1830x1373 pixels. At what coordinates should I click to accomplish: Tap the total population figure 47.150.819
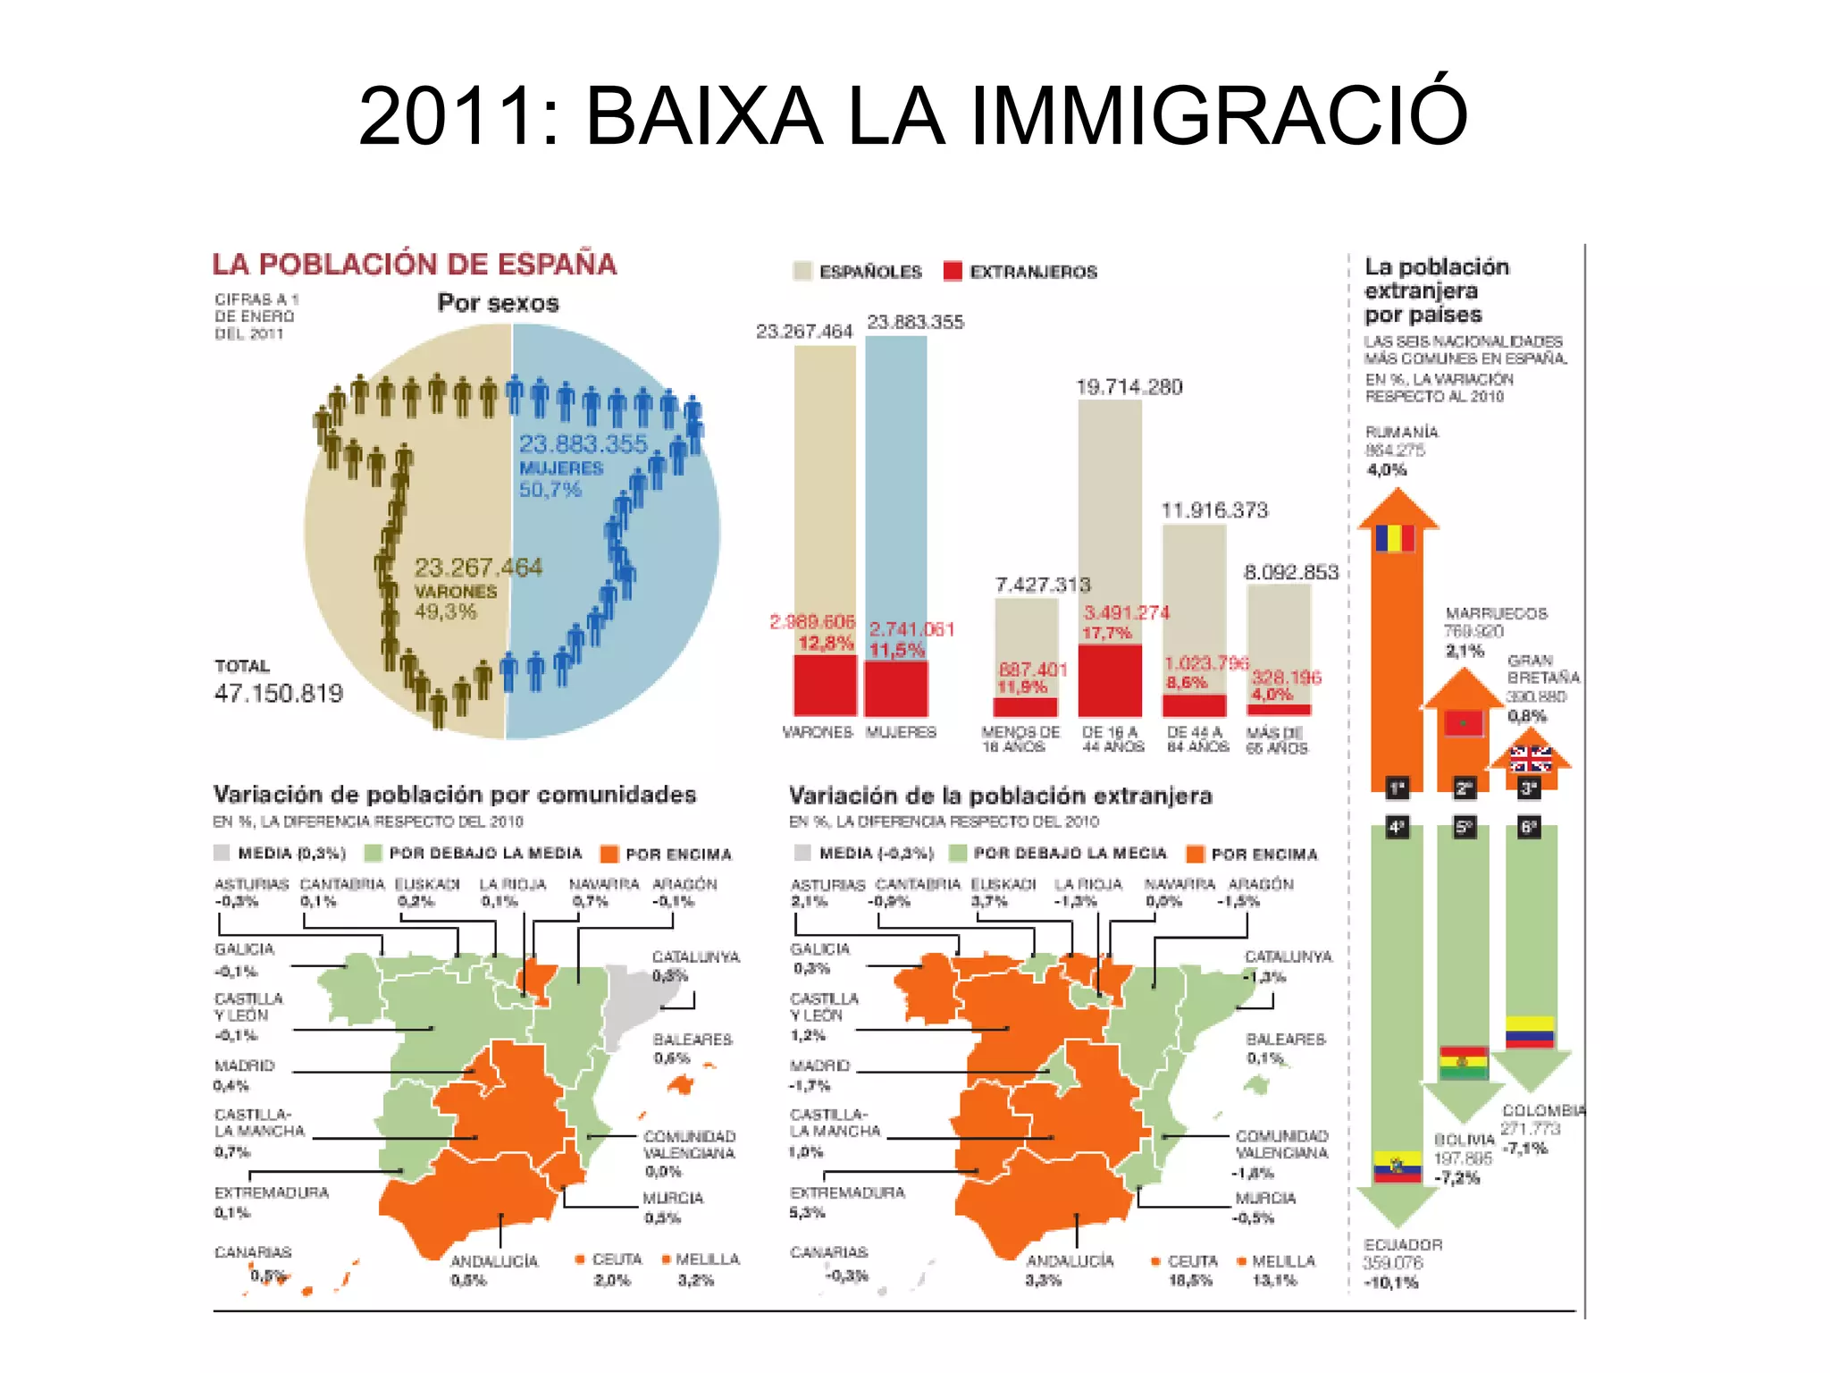pos(278,693)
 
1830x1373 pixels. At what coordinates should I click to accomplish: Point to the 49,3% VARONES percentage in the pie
pos(445,612)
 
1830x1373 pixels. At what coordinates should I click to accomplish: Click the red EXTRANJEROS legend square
pos(953,271)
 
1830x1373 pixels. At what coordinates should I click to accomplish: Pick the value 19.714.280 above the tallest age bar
pos(1129,387)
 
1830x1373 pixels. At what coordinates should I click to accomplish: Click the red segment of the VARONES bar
pos(824,685)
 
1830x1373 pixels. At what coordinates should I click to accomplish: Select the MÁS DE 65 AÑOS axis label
pos(1276,740)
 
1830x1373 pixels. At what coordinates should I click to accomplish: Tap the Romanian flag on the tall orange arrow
pos(1394,538)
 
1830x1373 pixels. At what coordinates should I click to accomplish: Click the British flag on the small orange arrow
pos(1530,759)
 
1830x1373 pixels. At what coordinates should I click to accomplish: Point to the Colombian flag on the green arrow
pos(1529,1032)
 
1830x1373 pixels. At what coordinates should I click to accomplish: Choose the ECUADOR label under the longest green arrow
pos(1402,1244)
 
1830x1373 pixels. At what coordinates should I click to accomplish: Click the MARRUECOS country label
pos(1496,613)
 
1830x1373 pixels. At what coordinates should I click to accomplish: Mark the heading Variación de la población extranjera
pos(1000,796)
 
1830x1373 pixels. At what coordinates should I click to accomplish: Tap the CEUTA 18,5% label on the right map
pos(1191,1269)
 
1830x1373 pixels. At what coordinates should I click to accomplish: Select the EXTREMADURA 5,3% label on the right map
pos(846,1202)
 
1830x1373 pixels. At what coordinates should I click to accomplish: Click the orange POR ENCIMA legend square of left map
pos(609,854)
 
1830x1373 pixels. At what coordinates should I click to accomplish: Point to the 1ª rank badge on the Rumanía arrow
pos(1397,788)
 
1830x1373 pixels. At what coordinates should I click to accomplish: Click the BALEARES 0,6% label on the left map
pos(692,1048)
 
